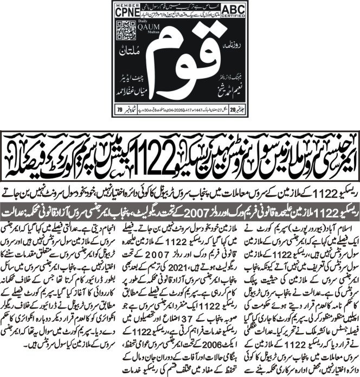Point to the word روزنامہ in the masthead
click(222, 42)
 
